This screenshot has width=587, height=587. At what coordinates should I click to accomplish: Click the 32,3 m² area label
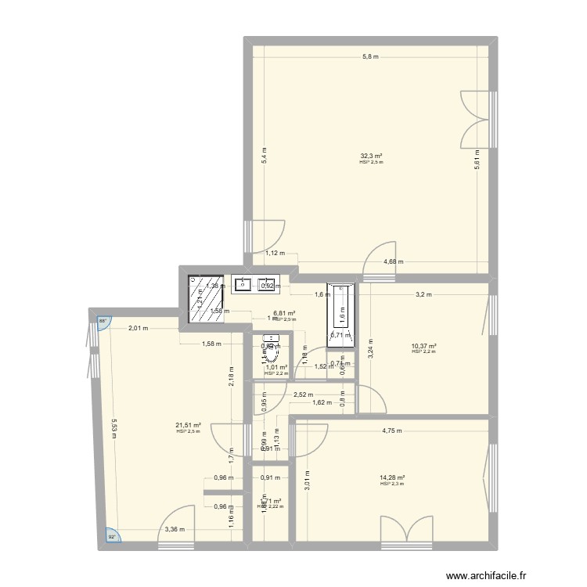371,156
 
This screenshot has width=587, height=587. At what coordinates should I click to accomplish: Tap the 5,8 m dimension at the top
370,56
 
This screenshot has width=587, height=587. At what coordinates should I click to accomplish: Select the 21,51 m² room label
188,425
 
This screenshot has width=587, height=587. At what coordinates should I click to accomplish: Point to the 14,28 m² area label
391,478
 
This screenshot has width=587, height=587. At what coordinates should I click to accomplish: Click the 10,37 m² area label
423,347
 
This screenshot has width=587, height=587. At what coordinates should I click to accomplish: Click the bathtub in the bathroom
342,306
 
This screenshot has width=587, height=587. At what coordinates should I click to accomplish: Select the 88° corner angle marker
102,321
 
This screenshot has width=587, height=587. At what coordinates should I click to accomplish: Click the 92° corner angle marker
112,536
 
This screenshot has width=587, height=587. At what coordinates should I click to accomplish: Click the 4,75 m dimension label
392,430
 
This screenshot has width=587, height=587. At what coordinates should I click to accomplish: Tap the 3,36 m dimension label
175,529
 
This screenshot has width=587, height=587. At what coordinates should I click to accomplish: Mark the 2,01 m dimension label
139,329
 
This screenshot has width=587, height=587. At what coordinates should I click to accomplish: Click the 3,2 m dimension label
424,294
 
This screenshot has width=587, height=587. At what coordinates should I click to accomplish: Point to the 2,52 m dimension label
303,395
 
